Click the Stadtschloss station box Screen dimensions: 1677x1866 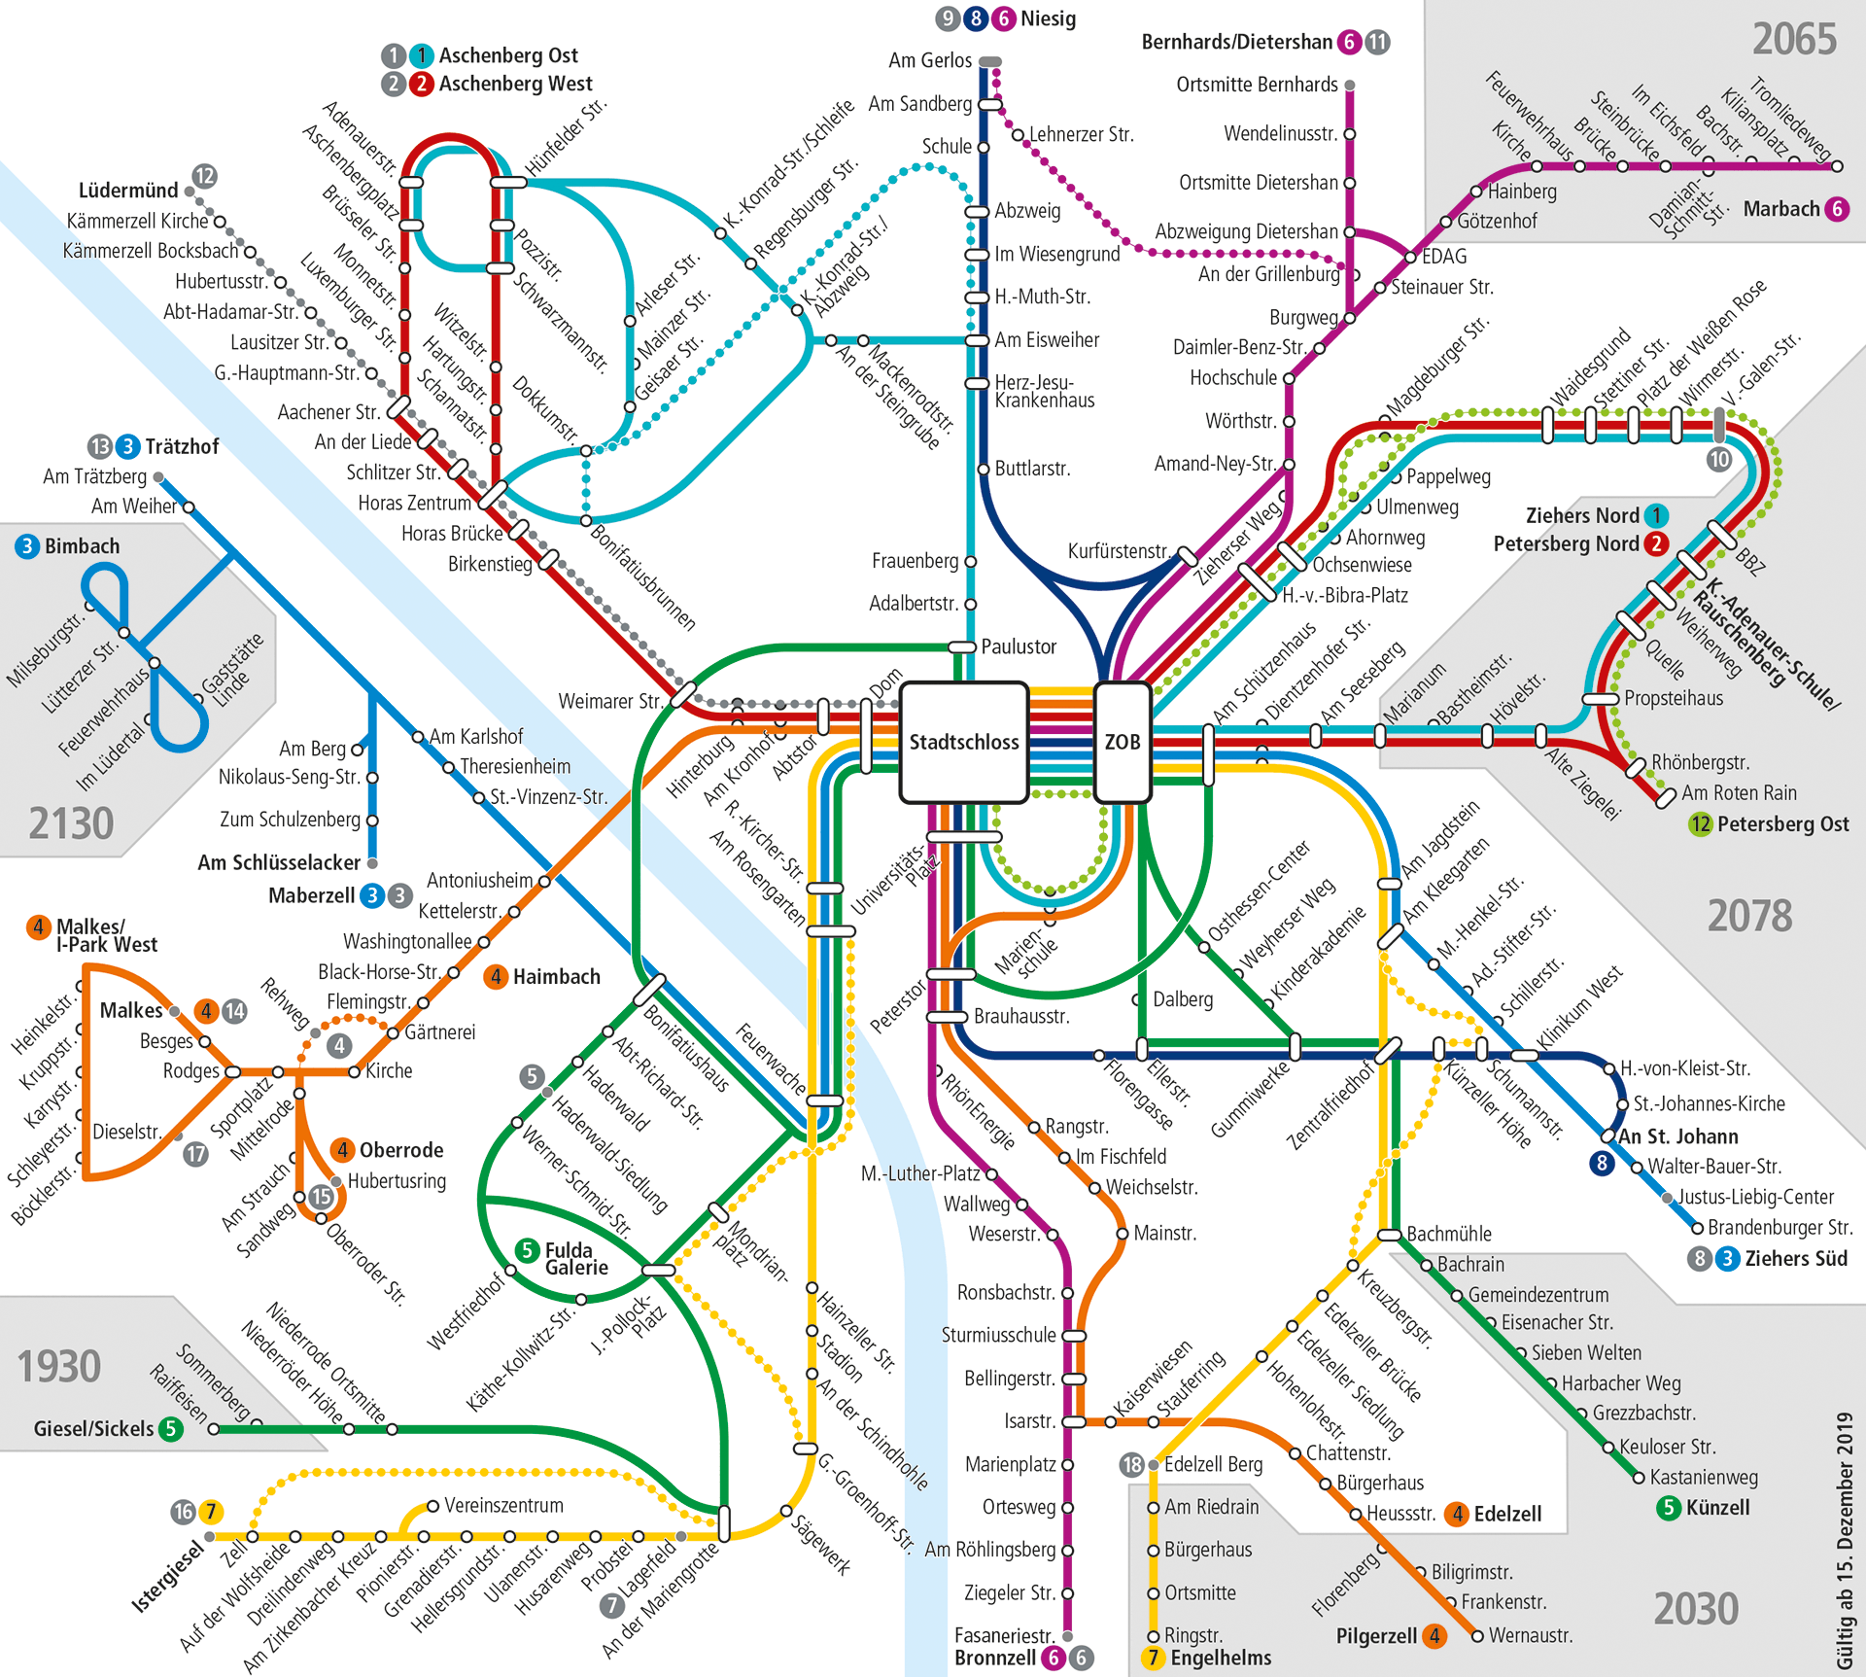click(x=963, y=743)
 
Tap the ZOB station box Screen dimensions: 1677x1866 click(x=1123, y=743)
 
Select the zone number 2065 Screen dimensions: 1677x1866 click(x=1794, y=40)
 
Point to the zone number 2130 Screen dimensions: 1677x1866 click(x=71, y=824)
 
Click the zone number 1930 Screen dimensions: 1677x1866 click(x=59, y=1367)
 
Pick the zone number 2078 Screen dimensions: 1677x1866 click(x=1749, y=916)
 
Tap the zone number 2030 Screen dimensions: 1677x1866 click(x=1696, y=1609)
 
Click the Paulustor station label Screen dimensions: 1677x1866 click(x=1018, y=646)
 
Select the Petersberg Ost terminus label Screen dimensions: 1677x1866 click(x=1782, y=824)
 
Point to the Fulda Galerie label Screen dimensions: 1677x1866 click(x=576, y=1258)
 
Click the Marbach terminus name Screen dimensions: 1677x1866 click(x=1781, y=209)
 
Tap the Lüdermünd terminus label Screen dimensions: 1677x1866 click(x=128, y=191)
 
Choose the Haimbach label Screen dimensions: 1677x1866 click(x=556, y=976)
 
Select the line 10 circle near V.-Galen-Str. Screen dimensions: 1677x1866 click(x=1719, y=459)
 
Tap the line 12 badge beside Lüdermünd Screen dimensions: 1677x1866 click(x=204, y=176)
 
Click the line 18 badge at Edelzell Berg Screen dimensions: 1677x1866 click(x=1131, y=1464)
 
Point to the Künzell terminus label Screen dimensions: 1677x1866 click(x=1717, y=1508)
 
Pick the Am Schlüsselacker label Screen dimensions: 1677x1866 click(x=279, y=862)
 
